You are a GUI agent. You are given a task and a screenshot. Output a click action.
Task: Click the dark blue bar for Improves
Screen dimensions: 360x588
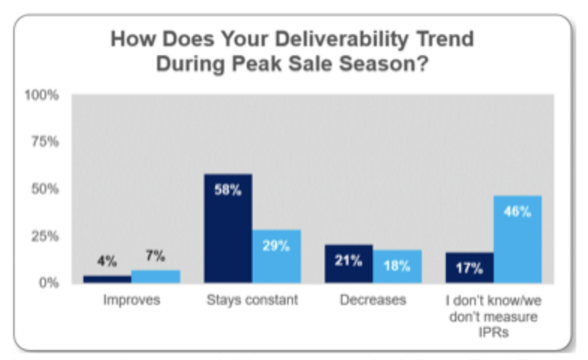[107, 279]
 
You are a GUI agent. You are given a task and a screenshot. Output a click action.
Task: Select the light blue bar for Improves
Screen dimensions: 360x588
[156, 276]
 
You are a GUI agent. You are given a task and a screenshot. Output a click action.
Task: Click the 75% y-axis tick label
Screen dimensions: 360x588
[44, 142]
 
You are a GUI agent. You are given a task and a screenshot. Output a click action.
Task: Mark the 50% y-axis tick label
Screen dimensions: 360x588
[44, 189]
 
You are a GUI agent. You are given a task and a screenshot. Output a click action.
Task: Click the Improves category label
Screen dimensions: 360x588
[131, 300]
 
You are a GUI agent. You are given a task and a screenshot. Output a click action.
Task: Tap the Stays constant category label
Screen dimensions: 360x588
[252, 300]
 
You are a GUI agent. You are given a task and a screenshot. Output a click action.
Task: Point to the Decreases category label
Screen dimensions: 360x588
[373, 300]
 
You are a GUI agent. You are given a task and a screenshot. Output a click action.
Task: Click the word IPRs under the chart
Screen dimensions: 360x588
[494, 332]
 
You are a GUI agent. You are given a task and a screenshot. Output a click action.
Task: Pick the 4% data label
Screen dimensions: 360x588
[107, 262]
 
